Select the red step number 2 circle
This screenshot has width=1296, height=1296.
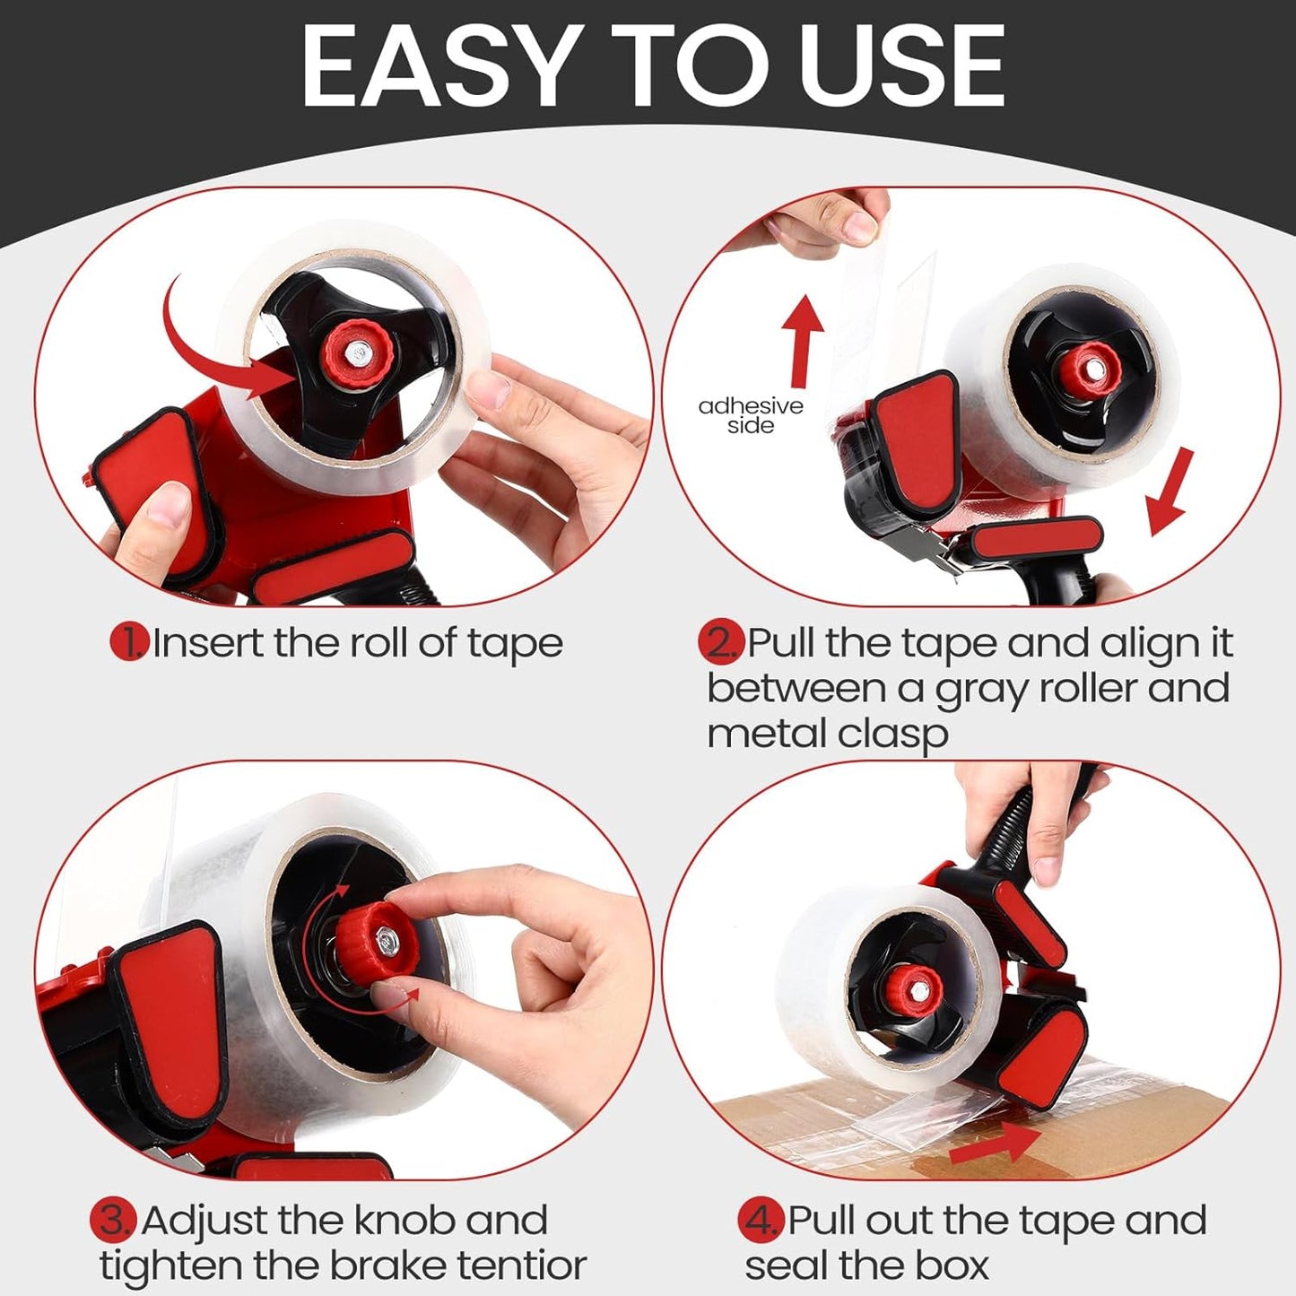tap(721, 642)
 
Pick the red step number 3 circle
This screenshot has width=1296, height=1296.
tap(113, 1220)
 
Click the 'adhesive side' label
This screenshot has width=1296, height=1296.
tap(751, 415)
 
